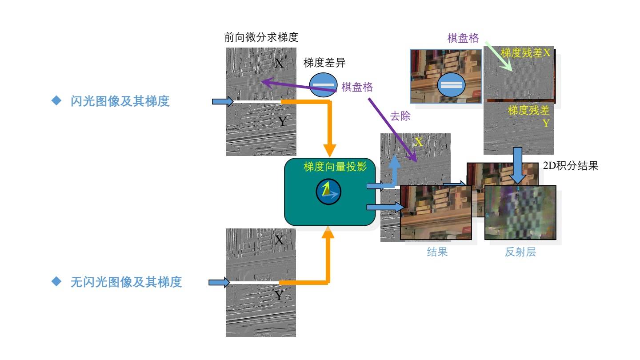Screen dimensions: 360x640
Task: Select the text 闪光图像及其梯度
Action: pyautogui.click(x=120, y=101)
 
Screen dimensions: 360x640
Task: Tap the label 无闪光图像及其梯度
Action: pyautogui.click(x=126, y=282)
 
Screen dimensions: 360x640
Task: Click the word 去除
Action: pyautogui.click(x=400, y=117)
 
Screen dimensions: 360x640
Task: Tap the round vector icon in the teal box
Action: pyautogui.click(x=328, y=191)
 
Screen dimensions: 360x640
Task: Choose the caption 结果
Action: pyautogui.click(x=437, y=252)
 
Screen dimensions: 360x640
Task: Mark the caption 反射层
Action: pyautogui.click(x=520, y=252)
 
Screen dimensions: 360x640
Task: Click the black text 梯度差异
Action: pyautogui.click(x=324, y=63)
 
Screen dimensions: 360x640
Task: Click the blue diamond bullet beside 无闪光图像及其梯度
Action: pyautogui.click(x=56, y=282)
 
